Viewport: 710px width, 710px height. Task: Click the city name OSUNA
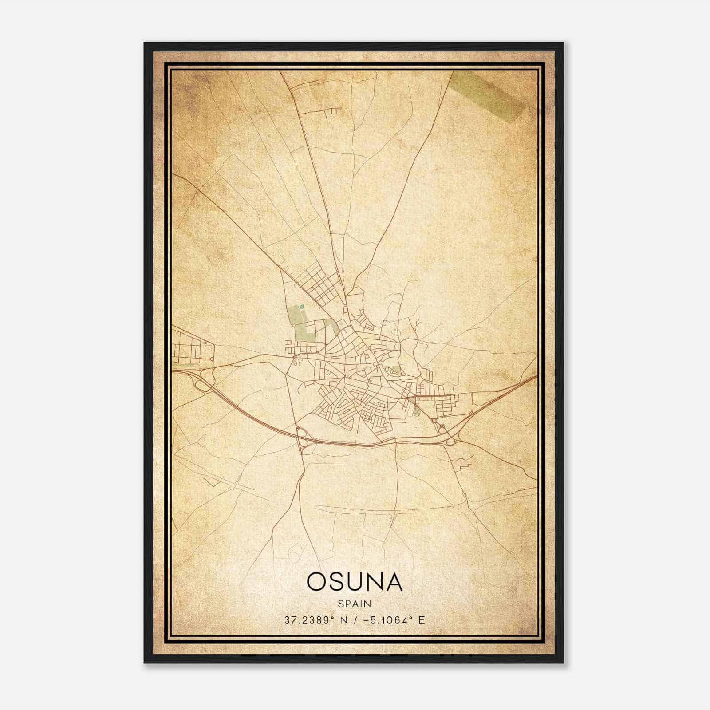[x=354, y=582]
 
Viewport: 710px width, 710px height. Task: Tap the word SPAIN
[x=354, y=603]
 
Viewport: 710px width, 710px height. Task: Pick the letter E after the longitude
[x=421, y=620]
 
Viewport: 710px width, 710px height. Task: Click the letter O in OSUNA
[x=316, y=582]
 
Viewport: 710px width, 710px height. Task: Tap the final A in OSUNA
[x=393, y=582]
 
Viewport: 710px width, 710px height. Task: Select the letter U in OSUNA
[x=353, y=582]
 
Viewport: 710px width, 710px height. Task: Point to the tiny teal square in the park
[x=302, y=306]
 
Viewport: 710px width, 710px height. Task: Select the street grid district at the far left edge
[x=189, y=346]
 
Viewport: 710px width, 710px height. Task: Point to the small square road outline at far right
[x=518, y=355]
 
